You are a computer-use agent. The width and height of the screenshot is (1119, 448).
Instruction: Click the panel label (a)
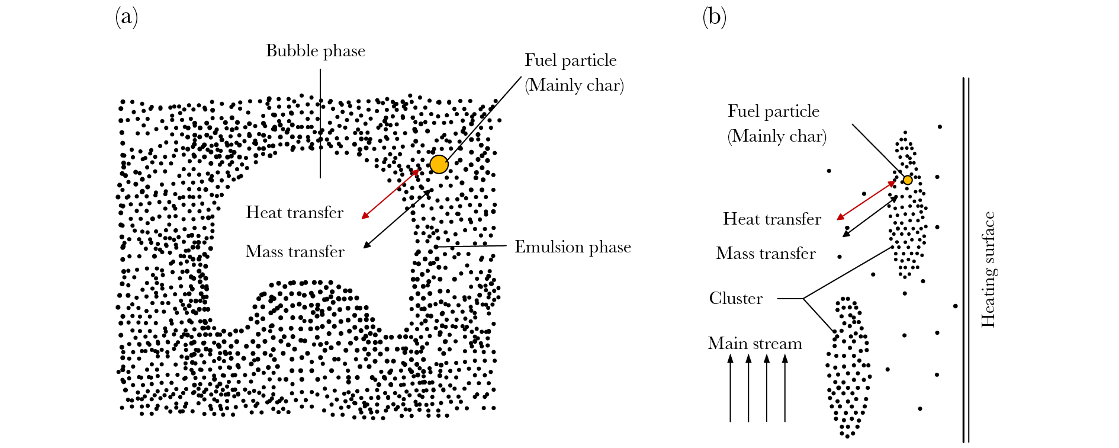pos(126,17)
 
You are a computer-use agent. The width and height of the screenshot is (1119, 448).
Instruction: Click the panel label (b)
pos(714,17)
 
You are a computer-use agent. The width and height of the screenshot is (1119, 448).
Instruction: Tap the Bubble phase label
pos(315,51)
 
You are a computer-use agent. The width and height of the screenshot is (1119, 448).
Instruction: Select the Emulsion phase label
pos(573,247)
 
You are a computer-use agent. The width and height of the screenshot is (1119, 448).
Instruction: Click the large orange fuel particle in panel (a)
pos(439,164)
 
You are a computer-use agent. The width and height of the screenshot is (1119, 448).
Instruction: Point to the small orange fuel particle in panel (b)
pos(907,180)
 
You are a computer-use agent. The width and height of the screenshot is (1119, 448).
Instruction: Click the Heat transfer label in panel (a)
pos(294,213)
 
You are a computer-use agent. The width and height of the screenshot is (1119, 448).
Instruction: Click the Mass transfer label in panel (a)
pos(294,252)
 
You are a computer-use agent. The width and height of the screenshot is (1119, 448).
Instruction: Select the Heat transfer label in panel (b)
pos(771,219)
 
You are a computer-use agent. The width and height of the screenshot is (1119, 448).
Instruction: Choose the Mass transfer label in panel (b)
pos(766,254)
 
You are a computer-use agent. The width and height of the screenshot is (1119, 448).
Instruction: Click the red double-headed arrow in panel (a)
pos(391,194)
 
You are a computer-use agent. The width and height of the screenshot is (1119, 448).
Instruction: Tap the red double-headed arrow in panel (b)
pos(866,201)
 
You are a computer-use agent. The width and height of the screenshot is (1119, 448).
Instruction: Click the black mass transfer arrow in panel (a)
pos(398,219)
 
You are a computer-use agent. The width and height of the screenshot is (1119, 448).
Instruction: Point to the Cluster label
pos(735,298)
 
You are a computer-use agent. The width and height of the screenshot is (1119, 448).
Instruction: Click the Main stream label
pos(755,344)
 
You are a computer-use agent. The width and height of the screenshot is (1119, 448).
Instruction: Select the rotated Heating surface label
pos(988,270)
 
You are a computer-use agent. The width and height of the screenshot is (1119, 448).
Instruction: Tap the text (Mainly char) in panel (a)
pos(574,85)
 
